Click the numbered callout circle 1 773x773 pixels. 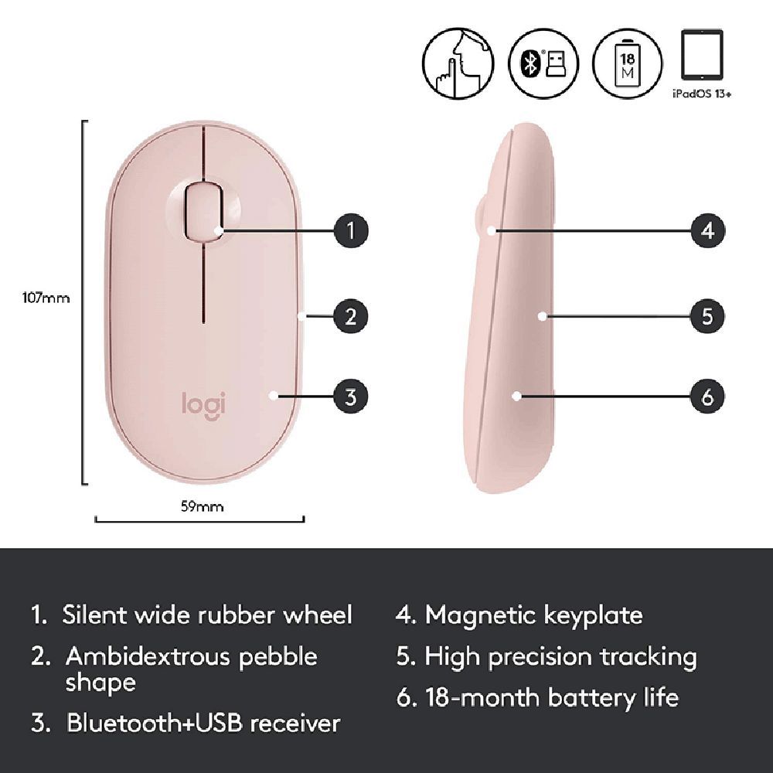click(x=350, y=230)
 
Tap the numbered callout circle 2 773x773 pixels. click(x=350, y=315)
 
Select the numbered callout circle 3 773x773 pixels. click(x=350, y=397)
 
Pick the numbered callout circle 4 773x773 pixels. click(x=708, y=230)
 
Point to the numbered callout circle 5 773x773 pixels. click(x=708, y=315)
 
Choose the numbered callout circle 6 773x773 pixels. click(x=708, y=397)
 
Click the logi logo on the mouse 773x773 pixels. click(x=203, y=404)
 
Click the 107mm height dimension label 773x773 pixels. click(x=46, y=298)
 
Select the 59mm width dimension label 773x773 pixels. click(x=202, y=507)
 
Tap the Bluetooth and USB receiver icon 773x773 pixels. click(x=542, y=64)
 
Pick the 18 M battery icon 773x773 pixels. click(x=627, y=64)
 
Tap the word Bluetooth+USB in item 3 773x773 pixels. click(x=151, y=724)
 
